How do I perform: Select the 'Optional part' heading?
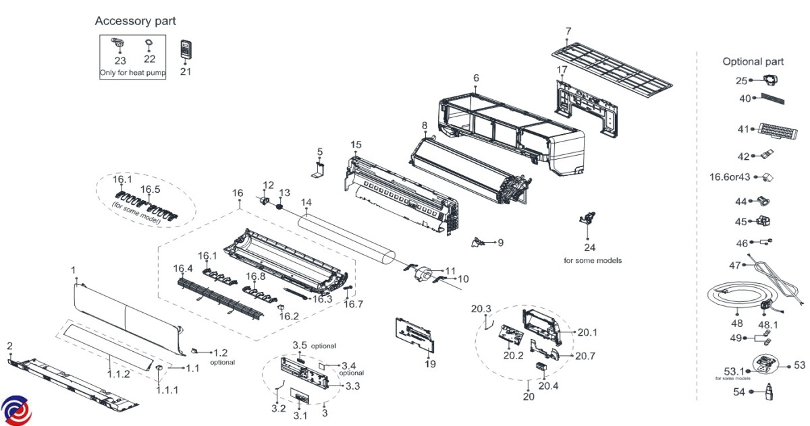[x=753, y=61]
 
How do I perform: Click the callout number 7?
[x=568, y=31]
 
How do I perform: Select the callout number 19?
[x=430, y=364]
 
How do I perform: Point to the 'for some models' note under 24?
[x=592, y=260]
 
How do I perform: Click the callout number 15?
[x=356, y=145]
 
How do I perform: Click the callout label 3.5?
[x=300, y=346]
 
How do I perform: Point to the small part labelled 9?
[x=480, y=241]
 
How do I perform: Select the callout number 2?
[x=9, y=346]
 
